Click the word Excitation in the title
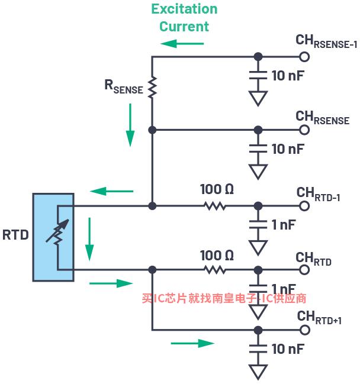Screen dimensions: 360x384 point(184,9)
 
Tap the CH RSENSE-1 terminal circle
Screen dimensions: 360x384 point(304,57)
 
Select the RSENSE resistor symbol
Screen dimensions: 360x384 point(152,87)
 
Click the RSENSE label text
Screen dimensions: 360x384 point(124,87)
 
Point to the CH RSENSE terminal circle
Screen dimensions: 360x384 point(304,130)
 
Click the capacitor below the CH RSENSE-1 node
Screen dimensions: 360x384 point(258,75)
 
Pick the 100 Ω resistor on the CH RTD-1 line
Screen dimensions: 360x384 point(215,206)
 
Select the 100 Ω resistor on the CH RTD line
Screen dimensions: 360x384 point(215,270)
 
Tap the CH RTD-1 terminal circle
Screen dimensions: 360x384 point(304,206)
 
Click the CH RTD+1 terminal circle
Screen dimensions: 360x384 point(304,330)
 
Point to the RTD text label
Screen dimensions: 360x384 point(15,235)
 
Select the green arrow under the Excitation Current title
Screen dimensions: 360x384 point(182,44)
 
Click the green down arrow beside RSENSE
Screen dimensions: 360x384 point(130,125)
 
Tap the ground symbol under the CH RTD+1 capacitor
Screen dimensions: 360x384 point(258,372)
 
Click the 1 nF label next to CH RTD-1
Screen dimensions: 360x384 point(283,225)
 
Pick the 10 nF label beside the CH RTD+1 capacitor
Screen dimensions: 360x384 point(288,348)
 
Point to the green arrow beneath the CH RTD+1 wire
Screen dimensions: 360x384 point(192,343)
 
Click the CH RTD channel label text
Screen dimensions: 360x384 point(314,259)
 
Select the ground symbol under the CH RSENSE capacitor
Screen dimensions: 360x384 point(258,172)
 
